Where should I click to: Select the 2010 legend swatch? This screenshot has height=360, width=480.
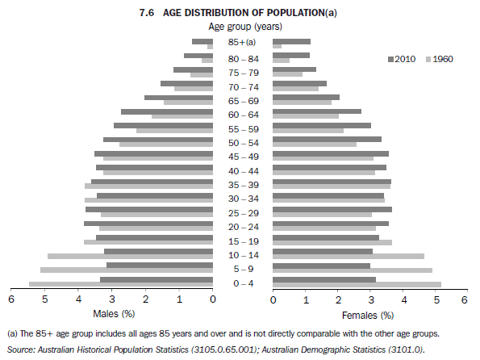(x=390, y=59)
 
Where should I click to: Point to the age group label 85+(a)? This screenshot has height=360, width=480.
(x=242, y=42)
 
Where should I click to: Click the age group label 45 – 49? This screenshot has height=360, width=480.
(x=242, y=156)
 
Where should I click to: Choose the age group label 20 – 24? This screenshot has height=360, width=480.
(x=242, y=227)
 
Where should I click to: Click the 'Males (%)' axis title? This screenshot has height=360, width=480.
(x=114, y=313)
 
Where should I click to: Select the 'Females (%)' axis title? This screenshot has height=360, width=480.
(x=368, y=314)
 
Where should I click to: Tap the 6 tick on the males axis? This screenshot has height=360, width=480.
(x=11, y=299)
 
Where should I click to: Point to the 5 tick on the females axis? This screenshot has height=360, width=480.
(x=436, y=299)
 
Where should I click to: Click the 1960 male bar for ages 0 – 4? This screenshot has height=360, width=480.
(x=121, y=284)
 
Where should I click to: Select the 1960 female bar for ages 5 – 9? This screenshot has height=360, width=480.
(x=353, y=270)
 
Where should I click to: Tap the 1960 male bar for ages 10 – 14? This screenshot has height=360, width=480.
(x=130, y=256)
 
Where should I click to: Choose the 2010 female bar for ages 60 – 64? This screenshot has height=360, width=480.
(x=317, y=111)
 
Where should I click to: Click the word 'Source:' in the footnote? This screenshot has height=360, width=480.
(x=21, y=349)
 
